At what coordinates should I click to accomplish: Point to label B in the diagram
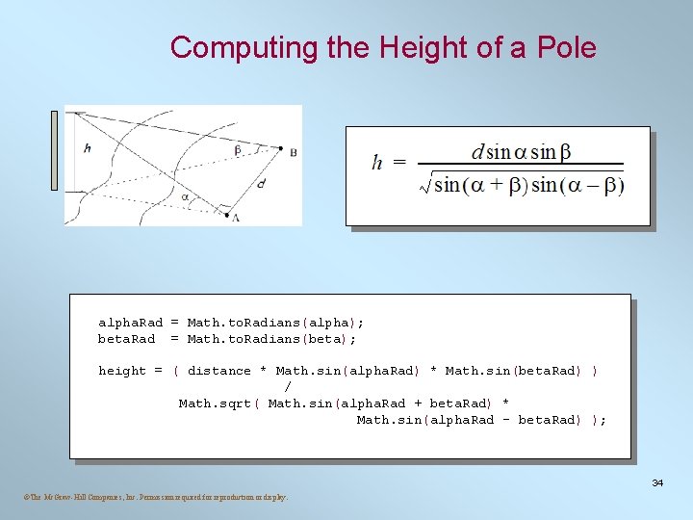point(293,152)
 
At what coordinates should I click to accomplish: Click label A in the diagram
point(236,218)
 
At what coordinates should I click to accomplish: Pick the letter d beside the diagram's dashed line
point(261,184)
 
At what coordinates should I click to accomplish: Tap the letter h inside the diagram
point(88,148)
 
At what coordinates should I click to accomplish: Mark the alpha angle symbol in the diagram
point(186,196)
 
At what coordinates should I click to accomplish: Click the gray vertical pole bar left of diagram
point(55,150)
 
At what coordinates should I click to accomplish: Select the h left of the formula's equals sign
point(378,163)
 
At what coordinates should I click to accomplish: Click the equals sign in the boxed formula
point(399,163)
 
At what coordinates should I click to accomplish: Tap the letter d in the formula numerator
point(477,152)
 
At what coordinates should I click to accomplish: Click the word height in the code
point(122,371)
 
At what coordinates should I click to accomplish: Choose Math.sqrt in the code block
point(218,403)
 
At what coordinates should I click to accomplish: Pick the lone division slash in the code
point(289,387)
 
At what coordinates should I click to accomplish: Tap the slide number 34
point(657,481)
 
